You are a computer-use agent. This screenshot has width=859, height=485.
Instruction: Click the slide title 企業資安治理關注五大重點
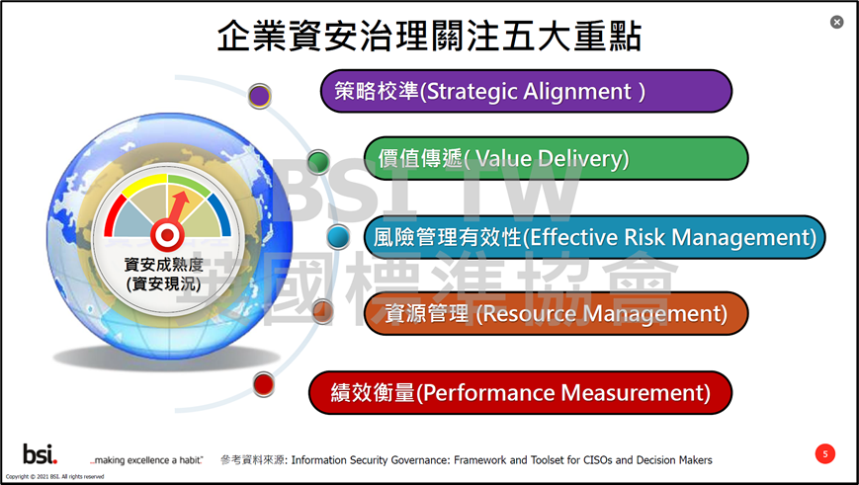click(x=429, y=37)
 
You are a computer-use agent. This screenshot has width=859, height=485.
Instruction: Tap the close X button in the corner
click(x=836, y=22)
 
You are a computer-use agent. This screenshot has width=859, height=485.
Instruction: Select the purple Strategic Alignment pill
click(x=526, y=91)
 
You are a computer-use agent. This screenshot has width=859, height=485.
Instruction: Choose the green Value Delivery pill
click(x=556, y=158)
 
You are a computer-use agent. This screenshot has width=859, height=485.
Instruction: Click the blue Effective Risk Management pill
click(x=594, y=237)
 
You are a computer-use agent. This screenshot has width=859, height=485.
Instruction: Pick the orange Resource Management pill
click(x=556, y=314)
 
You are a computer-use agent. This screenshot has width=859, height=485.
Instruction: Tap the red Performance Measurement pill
click(x=520, y=392)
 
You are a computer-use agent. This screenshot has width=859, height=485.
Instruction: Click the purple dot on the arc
click(x=260, y=96)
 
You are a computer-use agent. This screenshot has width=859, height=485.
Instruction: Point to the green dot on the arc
click(x=318, y=162)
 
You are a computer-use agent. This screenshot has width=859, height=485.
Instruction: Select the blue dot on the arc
click(x=339, y=237)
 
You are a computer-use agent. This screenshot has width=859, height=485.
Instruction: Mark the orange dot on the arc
click(x=323, y=311)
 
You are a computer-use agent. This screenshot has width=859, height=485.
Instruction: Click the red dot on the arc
click(x=264, y=384)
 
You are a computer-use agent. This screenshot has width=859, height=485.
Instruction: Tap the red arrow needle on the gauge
click(x=179, y=206)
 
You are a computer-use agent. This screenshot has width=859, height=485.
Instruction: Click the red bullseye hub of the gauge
click(x=168, y=236)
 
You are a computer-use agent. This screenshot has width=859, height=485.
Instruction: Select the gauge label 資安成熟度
click(x=164, y=265)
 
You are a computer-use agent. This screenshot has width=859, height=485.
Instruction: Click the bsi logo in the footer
click(x=40, y=453)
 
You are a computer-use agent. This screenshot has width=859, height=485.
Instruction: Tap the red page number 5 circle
click(x=825, y=453)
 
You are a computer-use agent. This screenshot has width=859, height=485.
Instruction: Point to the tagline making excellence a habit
click(x=147, y=460)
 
